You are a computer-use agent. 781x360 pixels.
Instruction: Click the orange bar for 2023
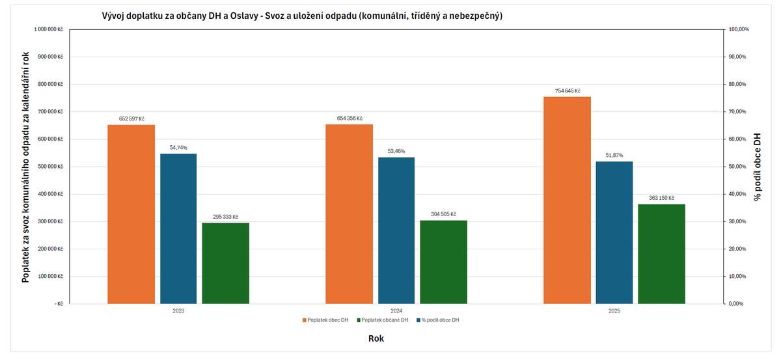[x=131, y=214]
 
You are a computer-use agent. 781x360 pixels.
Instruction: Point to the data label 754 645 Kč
[x=567, y=91]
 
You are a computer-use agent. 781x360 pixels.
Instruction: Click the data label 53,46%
[x=396, y=151]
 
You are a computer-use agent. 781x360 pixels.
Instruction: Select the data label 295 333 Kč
[x=225, y=217]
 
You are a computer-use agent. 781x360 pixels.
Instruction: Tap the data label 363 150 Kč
[x=661, y=198]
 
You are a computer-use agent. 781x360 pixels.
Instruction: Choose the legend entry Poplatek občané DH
[x=385, y=320]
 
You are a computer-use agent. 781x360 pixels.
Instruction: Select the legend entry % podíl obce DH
[x=440, y=320]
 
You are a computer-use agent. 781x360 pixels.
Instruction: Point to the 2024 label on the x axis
[x=396, y=311]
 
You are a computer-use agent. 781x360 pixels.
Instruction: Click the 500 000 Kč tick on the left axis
[x=51, y=167]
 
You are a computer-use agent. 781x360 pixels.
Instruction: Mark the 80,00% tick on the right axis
[x=739, y=84]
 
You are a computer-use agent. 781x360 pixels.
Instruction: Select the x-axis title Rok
[x=376, y=339]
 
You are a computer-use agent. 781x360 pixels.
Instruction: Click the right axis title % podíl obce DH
[x=757, y=166]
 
